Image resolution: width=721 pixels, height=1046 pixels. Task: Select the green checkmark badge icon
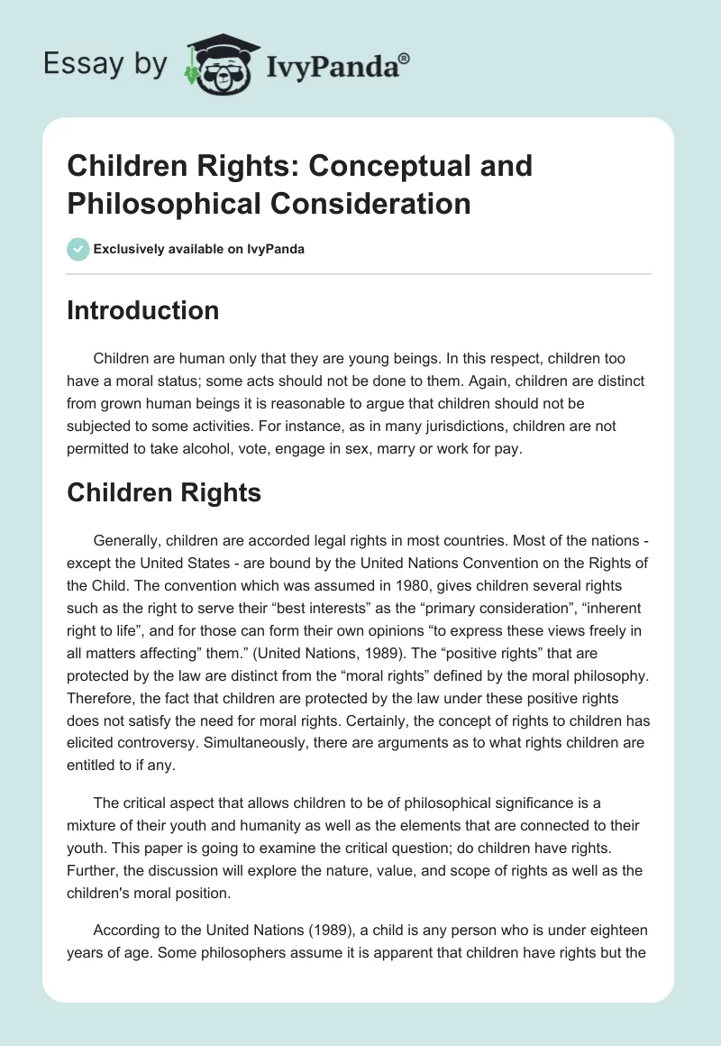click(x=78, y=250)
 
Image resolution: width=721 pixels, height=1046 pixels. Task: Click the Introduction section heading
click(x=143, y=310)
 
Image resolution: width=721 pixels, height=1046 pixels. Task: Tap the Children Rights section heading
click(x=164, y=492)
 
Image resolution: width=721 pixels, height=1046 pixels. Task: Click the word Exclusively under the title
click(x=130, y=250)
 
